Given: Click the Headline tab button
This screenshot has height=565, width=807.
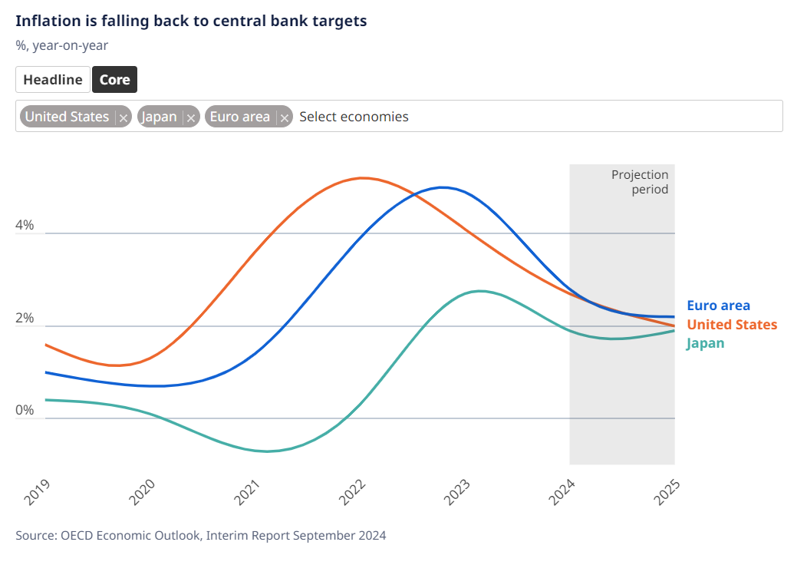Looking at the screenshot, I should tap(52, 80).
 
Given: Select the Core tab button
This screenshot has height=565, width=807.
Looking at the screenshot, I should tap(114, 80).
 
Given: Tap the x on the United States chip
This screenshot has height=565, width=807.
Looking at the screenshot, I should tap(124, 117).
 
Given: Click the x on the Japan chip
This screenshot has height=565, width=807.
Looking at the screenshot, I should tap(191, 117).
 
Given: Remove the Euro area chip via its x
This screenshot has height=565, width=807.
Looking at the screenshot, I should tap(284, 117).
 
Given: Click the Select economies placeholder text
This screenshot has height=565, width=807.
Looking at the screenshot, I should tap(354, 117).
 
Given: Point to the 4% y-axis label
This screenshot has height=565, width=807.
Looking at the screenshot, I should tap(25, 225).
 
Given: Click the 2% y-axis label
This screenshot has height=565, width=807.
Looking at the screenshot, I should tap(25, 318).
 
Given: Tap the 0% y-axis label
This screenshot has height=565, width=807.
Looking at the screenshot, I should tap(25, 410).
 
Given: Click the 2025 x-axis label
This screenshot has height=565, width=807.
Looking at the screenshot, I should tap(669, 492).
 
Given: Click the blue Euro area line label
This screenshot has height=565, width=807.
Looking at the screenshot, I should tap(718, 306).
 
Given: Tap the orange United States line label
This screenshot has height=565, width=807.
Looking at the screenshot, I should tap(731, 325).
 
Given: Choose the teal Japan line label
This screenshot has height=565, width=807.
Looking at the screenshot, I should tap(705, 343).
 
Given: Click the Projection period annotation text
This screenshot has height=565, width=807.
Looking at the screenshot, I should tap(639, 182).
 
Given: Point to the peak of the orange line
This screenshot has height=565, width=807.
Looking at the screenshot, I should tap(362, 178).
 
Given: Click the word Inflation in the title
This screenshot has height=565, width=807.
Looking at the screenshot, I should tap(45, 21).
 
